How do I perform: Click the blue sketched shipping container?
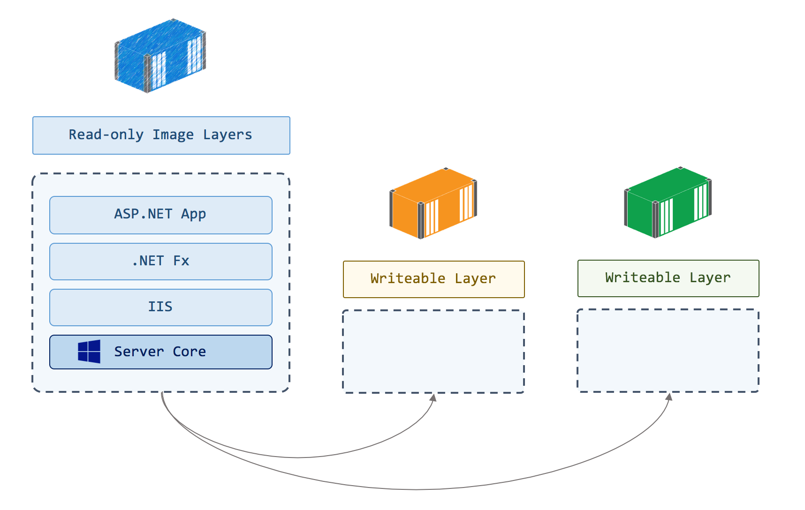coord(159,55)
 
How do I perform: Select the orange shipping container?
coord(433,203)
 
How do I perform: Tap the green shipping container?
coord(667,202)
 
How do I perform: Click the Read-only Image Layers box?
coord(161,135)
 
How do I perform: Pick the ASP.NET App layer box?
coord(161,215)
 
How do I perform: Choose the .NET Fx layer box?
coord(161,262)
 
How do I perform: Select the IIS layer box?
coord(161,307)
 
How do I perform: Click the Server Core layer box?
coord(161,352)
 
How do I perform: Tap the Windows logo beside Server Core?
coord(89,352)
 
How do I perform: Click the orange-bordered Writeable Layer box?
coord(433,279)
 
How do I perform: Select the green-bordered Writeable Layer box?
coord(668,278)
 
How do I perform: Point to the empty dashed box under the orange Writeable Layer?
coord(433,351)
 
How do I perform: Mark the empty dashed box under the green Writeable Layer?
coord(668,350)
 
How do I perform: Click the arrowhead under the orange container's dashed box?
coord(434,397)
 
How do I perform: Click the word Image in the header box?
coord(173,135)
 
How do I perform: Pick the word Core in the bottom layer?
coord(189,352)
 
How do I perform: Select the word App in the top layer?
coord(193,214)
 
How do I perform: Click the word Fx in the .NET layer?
coord(181,261)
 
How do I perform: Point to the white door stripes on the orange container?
coord(432,217)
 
